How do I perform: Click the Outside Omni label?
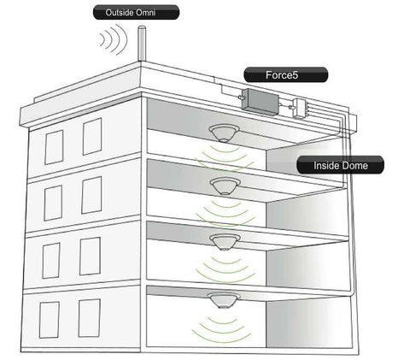pos(136,12)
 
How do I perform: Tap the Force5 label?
pos(286,75)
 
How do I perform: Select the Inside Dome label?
pos(340,165)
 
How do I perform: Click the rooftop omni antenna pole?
pos(142,44)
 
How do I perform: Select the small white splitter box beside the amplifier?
pos(300,108)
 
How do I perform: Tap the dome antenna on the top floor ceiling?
pos(224,133)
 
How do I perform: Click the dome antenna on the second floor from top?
pos(225,186)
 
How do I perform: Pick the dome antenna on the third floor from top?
pos(225,242)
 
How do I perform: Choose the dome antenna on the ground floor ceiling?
pos(224,300)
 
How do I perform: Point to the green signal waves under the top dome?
pos(224,158)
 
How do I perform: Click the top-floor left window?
pos(54,147)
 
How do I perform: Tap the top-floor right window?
pos(92,137)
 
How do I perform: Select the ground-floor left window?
pos(50,320)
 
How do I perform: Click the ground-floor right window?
pos(90,318)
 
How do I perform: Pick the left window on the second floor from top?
pos(53,203)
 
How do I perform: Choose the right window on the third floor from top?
pos(90,257)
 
